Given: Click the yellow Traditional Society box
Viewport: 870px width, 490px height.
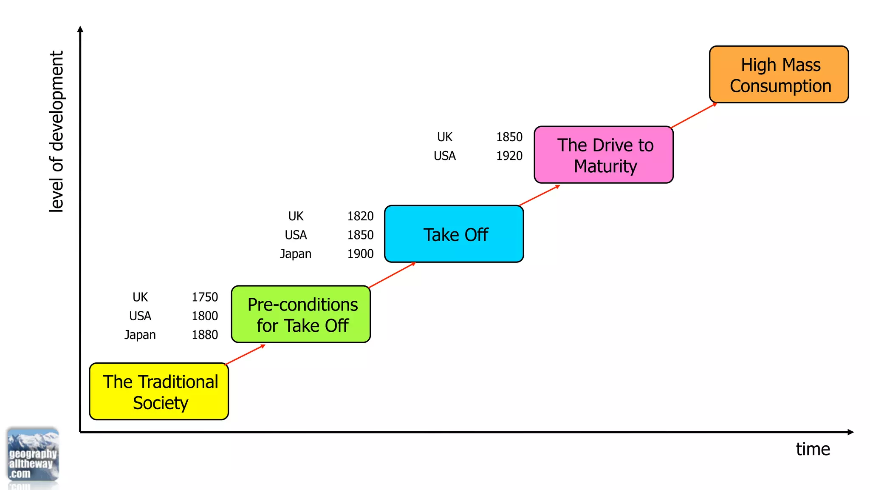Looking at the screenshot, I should pos(159,391).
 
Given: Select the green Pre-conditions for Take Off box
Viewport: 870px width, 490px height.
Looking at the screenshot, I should pos(301,314).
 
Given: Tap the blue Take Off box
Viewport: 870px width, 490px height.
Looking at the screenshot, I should pos(454,234).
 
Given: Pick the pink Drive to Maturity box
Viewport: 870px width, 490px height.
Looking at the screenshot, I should pos(604,155).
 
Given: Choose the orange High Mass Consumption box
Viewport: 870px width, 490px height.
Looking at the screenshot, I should pos(779,74).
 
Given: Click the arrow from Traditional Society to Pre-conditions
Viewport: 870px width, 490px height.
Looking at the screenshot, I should pos(245,355).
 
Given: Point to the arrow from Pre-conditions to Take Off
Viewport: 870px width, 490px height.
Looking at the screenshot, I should pos(392,275).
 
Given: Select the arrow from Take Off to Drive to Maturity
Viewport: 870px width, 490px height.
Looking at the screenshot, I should pos(540,195).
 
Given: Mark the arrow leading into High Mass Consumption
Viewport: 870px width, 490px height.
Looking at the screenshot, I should pos(694,115).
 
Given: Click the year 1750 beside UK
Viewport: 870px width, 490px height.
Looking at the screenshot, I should pos(205,297).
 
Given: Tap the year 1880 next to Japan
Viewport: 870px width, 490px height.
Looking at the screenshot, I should pos(205,335).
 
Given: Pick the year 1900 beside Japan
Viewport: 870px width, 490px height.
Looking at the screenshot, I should pos(360,254).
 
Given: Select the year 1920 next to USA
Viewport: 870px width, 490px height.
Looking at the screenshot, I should pos(509,156).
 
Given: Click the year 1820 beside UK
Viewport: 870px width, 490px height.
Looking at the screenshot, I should pos(360,216).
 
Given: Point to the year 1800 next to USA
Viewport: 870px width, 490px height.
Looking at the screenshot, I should pos(205,316).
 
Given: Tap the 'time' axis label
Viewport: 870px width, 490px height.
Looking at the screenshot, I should pos(813,449).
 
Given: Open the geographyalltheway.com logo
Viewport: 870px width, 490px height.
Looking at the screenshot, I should pos(33,455).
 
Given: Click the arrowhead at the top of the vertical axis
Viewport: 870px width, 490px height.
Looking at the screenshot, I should pos(80,29).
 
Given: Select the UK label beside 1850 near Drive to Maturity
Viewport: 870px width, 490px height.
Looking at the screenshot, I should pos(445,137).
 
